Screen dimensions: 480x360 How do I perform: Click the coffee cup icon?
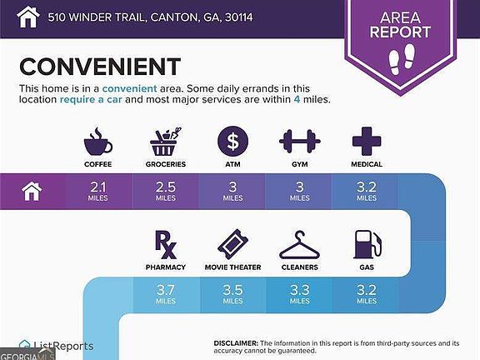(x=98, y=142)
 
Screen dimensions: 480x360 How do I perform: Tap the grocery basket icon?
(x=165, y=142)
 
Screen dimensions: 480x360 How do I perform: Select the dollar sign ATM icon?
(x=232, y=142)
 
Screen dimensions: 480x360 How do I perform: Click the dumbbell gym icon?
(x=300, y=142)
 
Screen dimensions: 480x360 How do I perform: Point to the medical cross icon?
(x=367, y=142)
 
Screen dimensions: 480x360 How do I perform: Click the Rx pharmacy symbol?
(x=165, y=245)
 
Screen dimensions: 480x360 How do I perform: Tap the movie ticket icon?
(x=232, y=245)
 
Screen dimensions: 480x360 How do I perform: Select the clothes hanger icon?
(x=299, y=245)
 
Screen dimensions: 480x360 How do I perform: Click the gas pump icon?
(x=367, y=245)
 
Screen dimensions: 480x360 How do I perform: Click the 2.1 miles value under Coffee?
(x=98, y=192)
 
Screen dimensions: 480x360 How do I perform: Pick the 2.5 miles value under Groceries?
(x=166, y=192)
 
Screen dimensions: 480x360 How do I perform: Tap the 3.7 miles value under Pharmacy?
(x=166, y=294)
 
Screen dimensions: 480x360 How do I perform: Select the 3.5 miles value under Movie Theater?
(x=232, y=294)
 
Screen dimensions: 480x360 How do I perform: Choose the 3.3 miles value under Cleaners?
(x=300, y=294)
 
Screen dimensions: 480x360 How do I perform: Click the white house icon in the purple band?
(x=32, y=192)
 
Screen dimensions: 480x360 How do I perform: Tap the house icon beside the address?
(x=27, y=17)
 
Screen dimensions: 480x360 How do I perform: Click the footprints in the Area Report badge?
(x=401, y=59)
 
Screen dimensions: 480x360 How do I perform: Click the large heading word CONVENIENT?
(x=100, y=67)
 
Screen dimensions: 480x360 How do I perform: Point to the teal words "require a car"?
(x=91, y=99)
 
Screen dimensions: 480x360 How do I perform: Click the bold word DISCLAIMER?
(x=236, y=343)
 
